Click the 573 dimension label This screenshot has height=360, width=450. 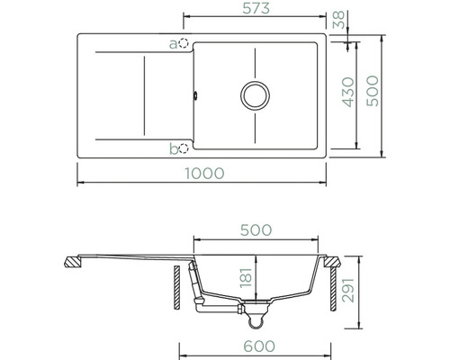pos(256,8)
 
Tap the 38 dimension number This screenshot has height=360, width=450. pos(339,20)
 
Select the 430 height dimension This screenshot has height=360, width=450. pos(348,92)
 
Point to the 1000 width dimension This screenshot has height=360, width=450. pos(204,174)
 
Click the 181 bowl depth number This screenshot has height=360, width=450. pos(246,277)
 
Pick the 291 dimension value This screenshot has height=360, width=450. pos(348,291)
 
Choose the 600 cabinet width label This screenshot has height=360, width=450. pos(259,346)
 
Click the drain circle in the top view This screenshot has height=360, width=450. pos(255,95)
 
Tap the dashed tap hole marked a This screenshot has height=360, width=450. pos(183,43)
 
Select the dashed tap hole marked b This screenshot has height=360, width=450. pos(183,148)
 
